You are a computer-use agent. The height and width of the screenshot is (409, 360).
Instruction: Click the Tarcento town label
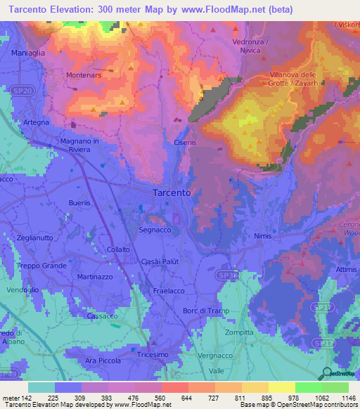click(x=172, y=193)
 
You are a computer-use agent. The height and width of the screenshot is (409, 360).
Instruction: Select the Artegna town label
click(x=36, y=122)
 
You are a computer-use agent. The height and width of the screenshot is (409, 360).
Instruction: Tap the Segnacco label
click(x=155, y=230)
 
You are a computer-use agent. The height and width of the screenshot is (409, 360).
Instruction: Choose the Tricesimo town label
click(x=153, y=356)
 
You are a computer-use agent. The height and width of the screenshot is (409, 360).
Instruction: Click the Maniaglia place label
click(x=29, y=53)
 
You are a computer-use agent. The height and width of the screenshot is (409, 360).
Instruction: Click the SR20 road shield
click(x=24, y=91)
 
